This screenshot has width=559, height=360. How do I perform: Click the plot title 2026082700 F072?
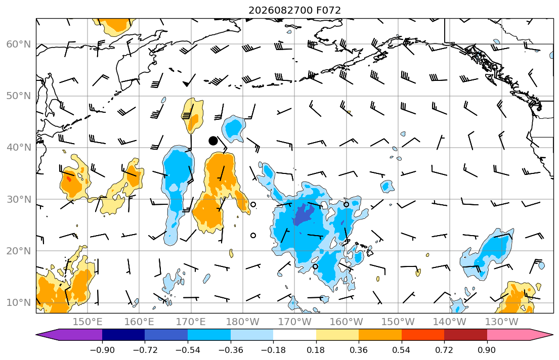(294, 10)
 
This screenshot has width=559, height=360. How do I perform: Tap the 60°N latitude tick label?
(19, 44)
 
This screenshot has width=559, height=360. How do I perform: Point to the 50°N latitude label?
(19, 96)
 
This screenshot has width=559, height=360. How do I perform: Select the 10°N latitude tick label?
(19, 303)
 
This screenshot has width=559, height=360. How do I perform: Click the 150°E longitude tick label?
(88, 322)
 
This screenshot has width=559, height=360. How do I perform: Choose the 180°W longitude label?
(243, 322)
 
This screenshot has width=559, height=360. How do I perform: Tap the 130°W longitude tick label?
(502, 322)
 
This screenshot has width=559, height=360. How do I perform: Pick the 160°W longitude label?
(346, 322)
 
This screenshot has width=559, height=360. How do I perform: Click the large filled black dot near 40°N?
(213, 141)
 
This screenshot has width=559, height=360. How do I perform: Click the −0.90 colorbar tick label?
(102, 350)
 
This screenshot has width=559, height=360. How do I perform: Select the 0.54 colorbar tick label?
(402, 350)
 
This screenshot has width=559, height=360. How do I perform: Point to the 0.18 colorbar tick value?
(316, 350)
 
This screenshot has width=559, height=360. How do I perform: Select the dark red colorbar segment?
(465, 335)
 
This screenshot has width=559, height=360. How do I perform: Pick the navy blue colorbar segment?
(123, 335)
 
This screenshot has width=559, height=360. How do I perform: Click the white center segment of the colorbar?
(294, 335)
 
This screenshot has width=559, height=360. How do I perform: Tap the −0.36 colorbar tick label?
(231, 350)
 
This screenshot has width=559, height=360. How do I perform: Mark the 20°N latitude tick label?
(19, 251)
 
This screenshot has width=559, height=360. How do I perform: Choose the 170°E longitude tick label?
(191, 322)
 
